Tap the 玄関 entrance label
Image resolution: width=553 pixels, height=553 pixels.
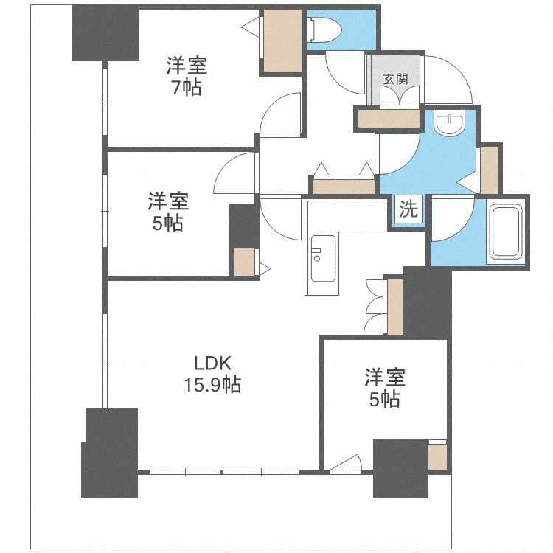[x=396, y=79]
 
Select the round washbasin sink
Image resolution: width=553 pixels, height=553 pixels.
[x=451, y=123]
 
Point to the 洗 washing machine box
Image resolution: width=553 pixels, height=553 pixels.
[x=408, y=209]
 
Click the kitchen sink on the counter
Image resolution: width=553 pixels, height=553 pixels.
[x=323, y=259]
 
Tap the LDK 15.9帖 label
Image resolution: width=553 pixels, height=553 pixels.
[x=212, y=374]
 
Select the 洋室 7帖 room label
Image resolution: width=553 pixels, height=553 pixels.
[x=187, y=76]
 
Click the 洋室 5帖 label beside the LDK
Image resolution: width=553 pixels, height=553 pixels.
[x=385, y=388]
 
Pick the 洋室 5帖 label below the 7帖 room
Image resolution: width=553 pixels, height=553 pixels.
[x=168, y=211]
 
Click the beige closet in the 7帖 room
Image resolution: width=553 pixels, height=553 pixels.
[x=282, y=41]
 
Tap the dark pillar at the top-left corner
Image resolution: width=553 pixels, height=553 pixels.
[x=105, y=32]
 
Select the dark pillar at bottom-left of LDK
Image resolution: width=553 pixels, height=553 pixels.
[x=109, y=453]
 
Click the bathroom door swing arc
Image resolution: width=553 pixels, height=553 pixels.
[x=453, y=220]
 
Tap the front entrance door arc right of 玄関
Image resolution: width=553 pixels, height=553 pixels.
[x=448, y=80]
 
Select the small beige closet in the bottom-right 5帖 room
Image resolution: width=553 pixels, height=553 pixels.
[x=437, y=456]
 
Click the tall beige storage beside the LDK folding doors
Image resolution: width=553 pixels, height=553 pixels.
[x=395, y=307]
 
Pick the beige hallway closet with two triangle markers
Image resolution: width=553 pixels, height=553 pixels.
[x=344, y=186]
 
